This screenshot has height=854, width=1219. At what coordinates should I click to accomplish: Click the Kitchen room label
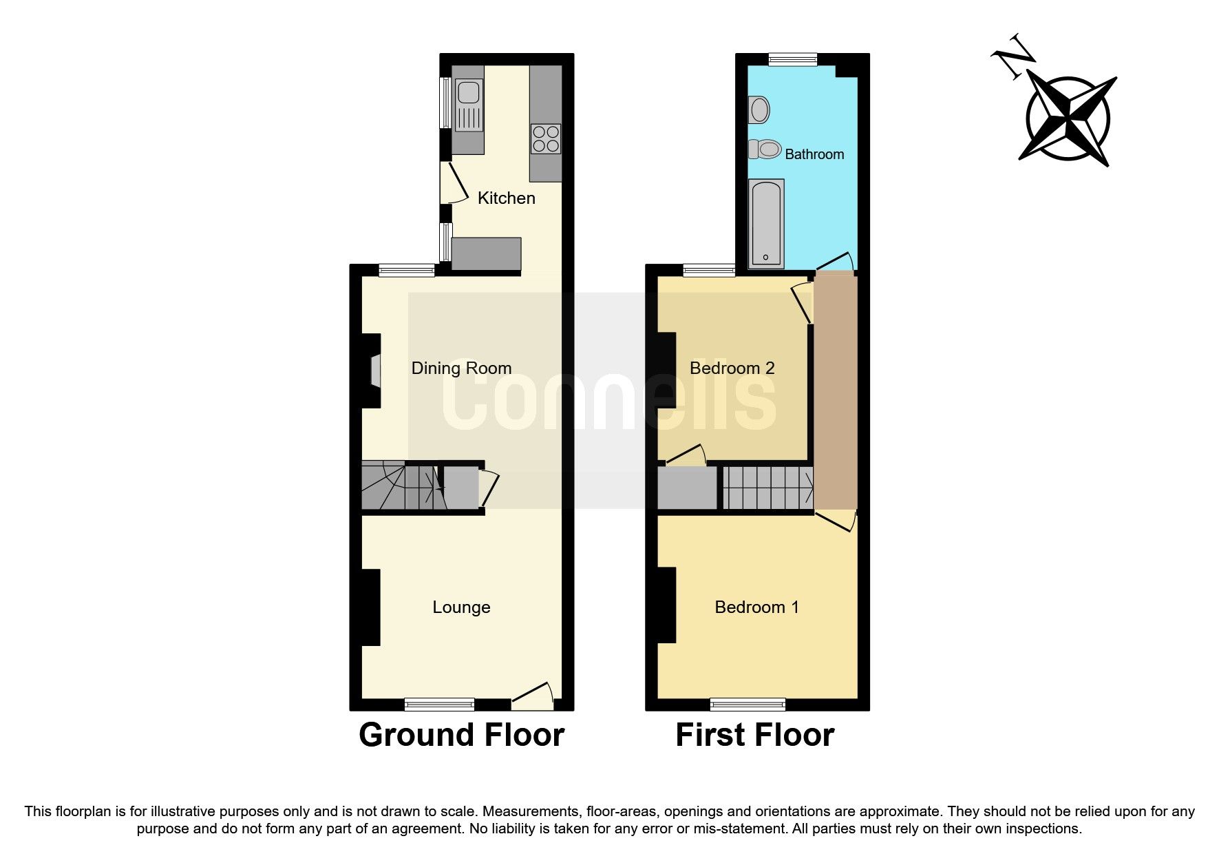click(506, 198)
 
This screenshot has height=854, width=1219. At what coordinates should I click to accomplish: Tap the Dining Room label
click(461, 368)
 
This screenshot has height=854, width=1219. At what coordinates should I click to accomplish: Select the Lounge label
click(461, 607)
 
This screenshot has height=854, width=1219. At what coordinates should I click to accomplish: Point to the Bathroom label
click(814, 154)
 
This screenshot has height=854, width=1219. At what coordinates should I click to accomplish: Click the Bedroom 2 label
click(732, 368)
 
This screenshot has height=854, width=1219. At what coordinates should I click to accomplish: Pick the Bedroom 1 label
click(756, 607)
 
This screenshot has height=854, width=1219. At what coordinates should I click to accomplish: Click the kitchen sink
click(469, 92)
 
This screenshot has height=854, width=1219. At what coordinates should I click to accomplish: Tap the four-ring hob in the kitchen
click(546, 138)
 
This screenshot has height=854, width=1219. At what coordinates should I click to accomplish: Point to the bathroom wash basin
click(759, 110)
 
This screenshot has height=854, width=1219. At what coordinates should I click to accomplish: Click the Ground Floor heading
click(461, 735)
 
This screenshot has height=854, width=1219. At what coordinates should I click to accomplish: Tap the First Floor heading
click(754, 735)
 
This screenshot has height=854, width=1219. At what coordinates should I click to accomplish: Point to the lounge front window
click(439, 704)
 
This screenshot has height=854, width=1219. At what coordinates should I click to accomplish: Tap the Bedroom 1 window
click(748, 704)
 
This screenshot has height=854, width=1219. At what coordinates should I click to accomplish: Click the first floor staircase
click(767, 488)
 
